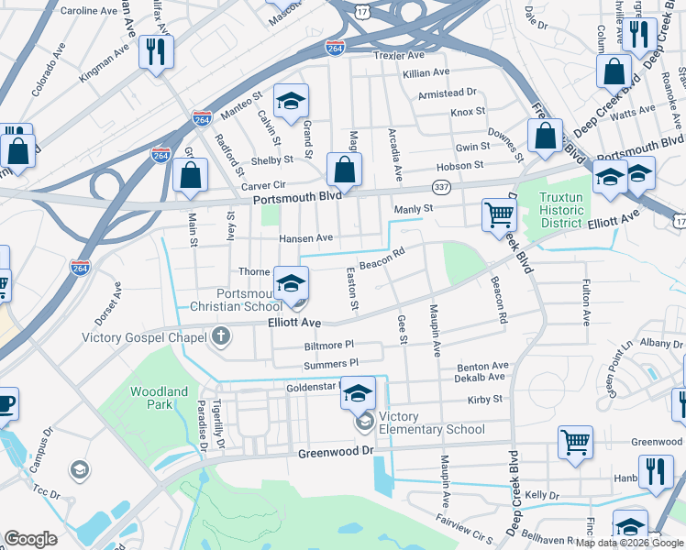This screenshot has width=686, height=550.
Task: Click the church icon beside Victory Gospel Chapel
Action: pyautogui.click(x=220, y=336)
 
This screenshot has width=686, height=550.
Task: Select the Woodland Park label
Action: pyautogui.click(x=159, y=398)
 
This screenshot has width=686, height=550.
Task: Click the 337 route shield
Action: pyautogui.click(x=442, y=189)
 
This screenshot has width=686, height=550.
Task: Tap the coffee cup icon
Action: pyautogui.click(x=6, y=402)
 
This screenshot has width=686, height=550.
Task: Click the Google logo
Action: pyautogui.click(x=31, y=538)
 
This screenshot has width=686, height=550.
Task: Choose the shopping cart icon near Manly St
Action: pyautogui.click(x=498, y=214)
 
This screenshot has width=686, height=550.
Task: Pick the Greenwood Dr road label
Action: pyautogui.click(x=337, y=453)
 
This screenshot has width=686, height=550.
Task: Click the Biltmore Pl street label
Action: pyautogui.click(x=328, y=346)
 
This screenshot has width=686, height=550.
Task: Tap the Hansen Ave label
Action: pyautogui.click(x=305, y=237)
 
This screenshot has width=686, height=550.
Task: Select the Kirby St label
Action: pyautogui.click(x=485, y=400)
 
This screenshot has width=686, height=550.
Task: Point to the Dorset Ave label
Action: pyautogui.click(x=107, y=303)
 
